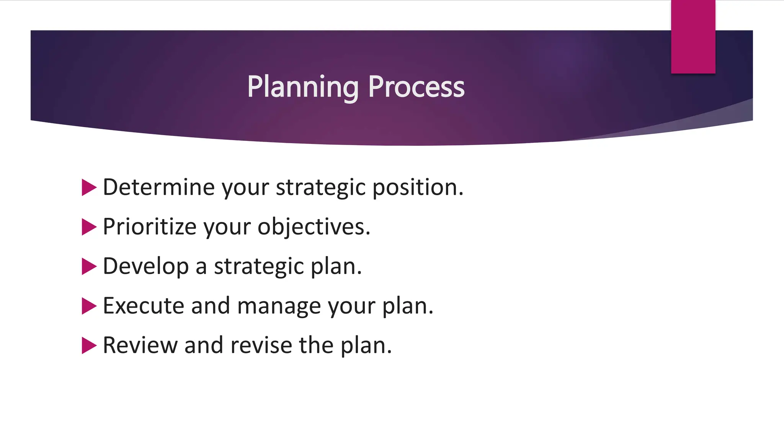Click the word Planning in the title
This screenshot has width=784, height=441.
(x=302, y=87)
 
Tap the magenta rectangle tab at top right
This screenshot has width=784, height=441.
(x=693, y=37)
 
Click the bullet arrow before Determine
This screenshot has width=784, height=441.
(x=89, y=188)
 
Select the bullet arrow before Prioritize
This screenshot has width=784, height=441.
(x=89, y=227)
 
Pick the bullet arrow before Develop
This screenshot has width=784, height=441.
(x=89, y=266)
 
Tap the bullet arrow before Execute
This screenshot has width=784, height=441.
(x=89, y=306)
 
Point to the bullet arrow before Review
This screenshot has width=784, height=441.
(x=89, y=345)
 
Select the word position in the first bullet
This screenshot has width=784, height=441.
(x=417, y=188)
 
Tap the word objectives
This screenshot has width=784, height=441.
(x=314, y=227)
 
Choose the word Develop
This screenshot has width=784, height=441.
(x=146, y=266)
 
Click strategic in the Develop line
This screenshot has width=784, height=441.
(x=259, y=266)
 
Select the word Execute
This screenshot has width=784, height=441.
(x=144, y=306)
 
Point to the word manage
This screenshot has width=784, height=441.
(x=279, y=306)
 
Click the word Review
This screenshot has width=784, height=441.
(x=140, y=345)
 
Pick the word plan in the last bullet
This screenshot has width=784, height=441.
(x=366, y=345)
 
